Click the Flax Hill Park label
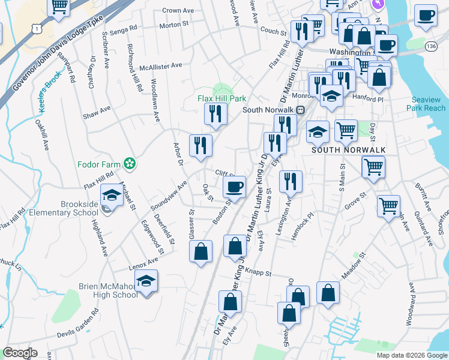click(223, 99)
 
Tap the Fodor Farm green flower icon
click(129, 163)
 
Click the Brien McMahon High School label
click(108, 290)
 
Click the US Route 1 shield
click(38, 28)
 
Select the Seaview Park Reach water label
click(429, 104)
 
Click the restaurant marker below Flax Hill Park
click(214, 114)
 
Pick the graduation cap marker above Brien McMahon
click(145, 281)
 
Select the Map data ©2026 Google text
click(411, 355)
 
